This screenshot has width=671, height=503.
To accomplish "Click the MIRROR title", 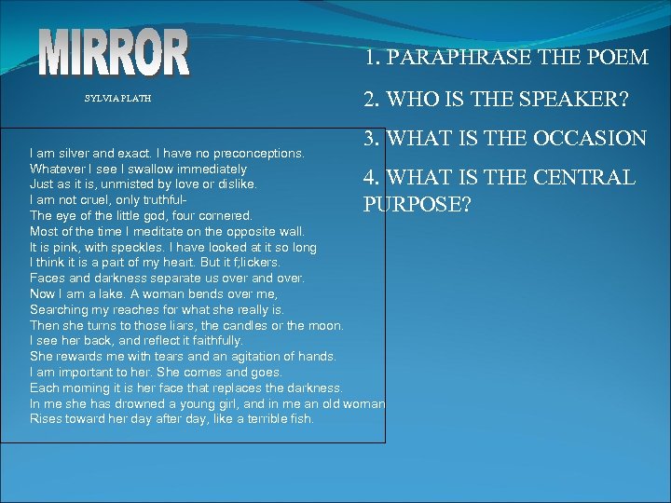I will point(116,52).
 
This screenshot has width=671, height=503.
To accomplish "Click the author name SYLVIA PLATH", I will point(117,98).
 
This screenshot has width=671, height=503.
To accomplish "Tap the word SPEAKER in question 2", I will point(571,98).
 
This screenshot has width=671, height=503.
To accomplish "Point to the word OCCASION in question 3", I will point(592,139).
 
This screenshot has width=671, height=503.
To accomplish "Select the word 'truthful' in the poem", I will point(162,200).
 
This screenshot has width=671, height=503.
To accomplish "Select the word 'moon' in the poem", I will point(326,325).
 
